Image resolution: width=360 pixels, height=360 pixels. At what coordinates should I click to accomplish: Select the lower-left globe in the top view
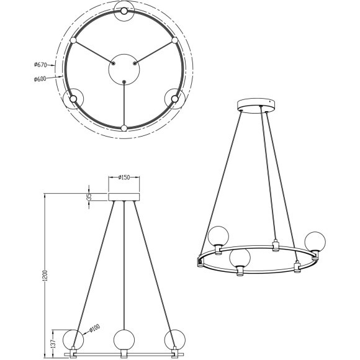click(x=73, y=98)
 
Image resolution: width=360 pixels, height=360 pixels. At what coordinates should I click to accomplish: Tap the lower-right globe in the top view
click(x=175, y=98)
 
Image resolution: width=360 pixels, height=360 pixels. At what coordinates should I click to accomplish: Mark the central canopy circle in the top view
click(x=124, y=69)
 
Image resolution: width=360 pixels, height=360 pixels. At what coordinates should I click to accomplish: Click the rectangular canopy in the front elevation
click(x=125, y=197)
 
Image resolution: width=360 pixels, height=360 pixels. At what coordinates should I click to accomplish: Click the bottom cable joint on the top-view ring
click(x=124, y=128)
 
